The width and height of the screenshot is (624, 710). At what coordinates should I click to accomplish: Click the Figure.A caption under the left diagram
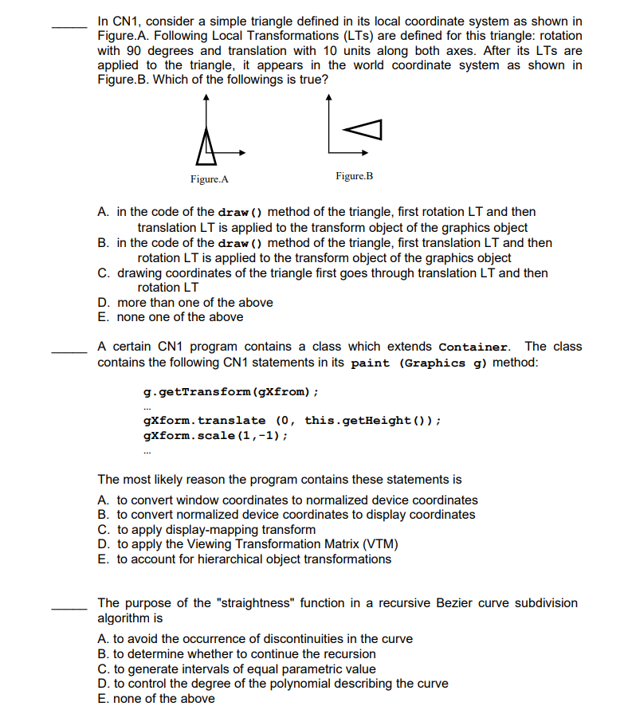tap(210, 179)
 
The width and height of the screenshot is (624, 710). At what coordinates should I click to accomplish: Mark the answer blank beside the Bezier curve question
tap(69, 610)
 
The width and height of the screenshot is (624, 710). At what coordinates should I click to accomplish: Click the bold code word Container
tap(473, 347)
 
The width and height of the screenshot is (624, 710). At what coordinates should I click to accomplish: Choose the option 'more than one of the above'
tap(194, 303)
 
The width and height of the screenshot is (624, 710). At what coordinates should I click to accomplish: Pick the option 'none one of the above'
tap(180, 317)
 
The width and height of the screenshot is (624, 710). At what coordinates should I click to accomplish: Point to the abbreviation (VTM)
tap(380, 544)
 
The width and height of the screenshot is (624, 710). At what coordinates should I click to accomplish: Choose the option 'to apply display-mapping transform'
tap(216, 530)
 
